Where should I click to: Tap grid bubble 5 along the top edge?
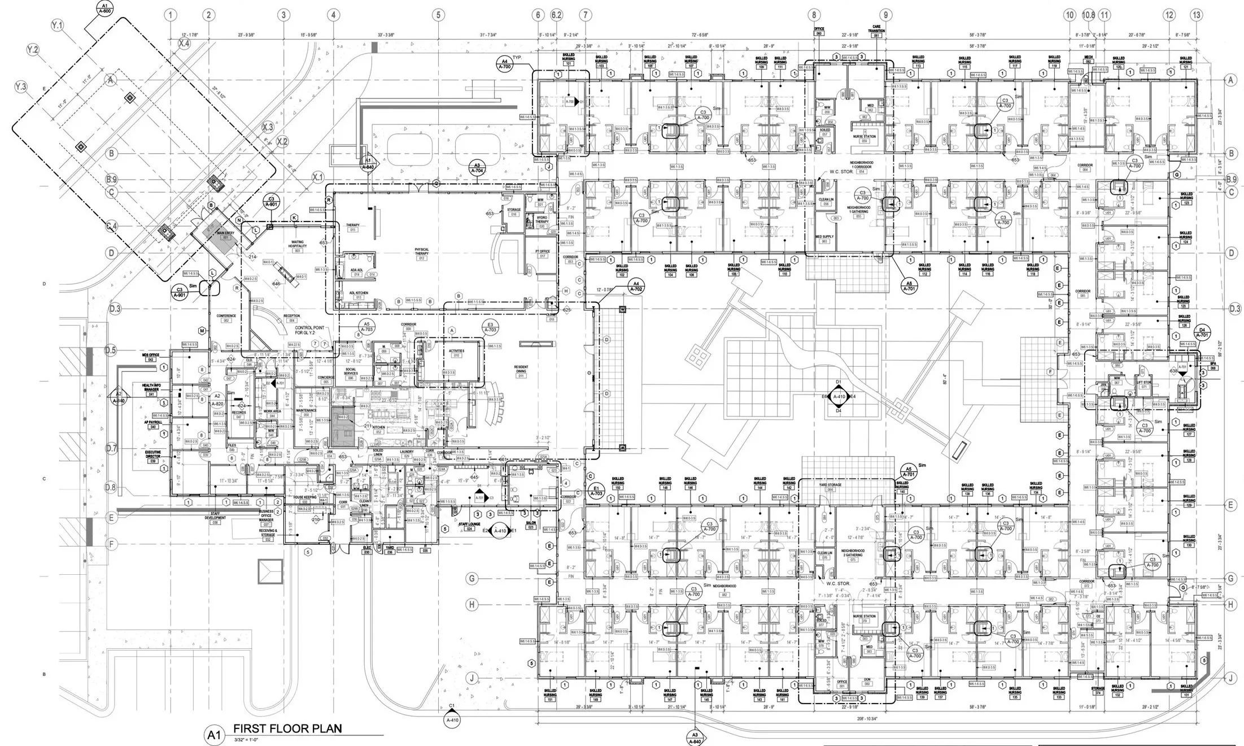click(439, 15)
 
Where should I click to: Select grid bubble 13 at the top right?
click(1196, 15)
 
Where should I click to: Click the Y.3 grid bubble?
click(21, 86)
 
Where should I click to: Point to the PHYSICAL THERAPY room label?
click(422, 251)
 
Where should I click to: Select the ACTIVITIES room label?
click(456, 353)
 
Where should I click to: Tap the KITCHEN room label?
click(378, 429)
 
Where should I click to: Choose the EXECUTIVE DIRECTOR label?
click(152, 456)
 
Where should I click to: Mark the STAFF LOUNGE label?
click(469, 525)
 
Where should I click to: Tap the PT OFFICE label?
click(542, 252)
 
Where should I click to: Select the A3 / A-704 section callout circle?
click(477, 167)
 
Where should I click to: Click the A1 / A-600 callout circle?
click(104, 8)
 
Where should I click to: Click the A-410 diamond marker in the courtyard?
click(839, 397)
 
